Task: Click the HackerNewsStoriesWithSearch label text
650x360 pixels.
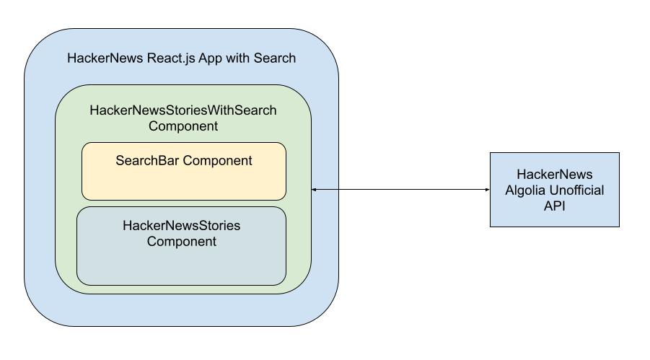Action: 183,111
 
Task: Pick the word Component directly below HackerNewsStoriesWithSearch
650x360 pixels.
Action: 183,126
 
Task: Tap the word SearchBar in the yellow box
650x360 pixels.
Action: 147,160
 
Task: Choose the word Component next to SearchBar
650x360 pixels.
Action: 217,160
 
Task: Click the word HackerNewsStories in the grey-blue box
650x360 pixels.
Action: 181,226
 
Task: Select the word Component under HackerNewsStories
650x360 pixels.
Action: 181,241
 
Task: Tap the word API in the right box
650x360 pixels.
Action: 554,205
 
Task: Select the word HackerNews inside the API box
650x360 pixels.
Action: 554,175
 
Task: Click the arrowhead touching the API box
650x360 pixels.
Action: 487,190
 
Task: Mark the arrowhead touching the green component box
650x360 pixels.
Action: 315,190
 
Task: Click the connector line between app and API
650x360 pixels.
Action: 400,190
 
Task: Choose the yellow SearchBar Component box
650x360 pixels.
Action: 183,184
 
